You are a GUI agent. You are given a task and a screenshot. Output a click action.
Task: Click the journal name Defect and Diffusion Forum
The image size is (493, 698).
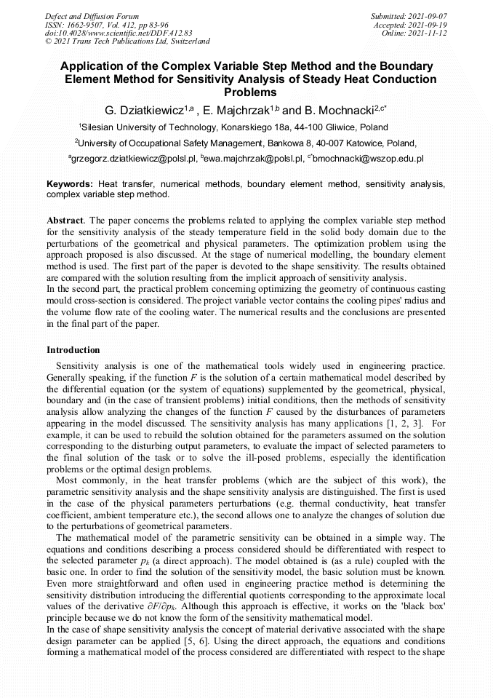click(92, 15)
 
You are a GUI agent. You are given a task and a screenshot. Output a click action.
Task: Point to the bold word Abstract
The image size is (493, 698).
click(65, 220)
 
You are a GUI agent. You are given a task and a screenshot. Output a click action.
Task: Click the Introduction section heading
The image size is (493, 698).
click(73, 350)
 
